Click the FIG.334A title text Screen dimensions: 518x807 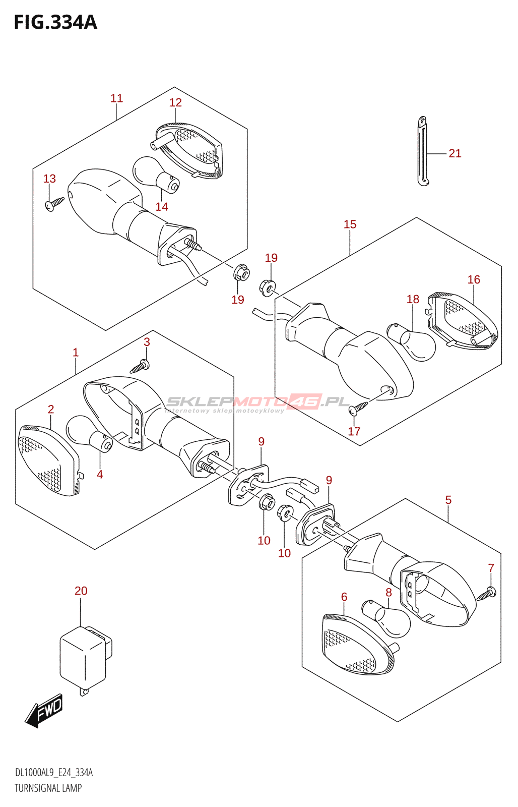[x=55, y=22]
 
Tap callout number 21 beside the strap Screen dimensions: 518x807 [x=455, y=153]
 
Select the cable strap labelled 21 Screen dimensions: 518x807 [x=424, y=151]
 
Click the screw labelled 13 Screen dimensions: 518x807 [x=54, y=204]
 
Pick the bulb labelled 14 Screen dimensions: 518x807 [x=156, y=175]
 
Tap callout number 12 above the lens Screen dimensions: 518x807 [x=175, y=103]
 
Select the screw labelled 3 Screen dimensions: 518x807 [x=140, y=366]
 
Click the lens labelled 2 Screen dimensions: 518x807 [x=48, y=460]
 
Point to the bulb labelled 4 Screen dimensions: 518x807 [x=89, y=434]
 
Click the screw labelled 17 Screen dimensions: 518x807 [x=359, y=408]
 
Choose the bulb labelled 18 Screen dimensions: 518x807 [x=411, y=342]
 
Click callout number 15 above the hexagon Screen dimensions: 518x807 [x=350, y=224]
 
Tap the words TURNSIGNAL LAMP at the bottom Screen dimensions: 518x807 [x=48, y=788]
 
